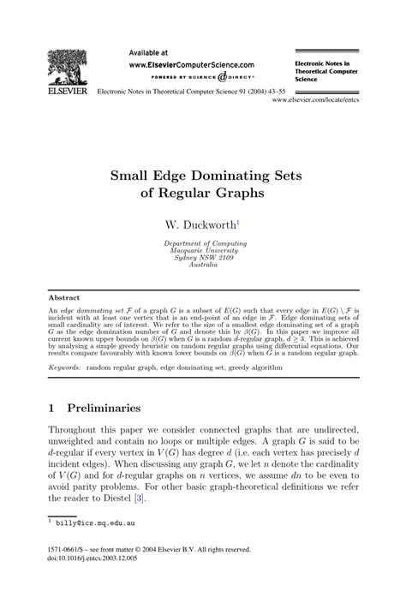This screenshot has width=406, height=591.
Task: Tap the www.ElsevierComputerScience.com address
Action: point(191,64)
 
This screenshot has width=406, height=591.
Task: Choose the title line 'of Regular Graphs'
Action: point(202,194)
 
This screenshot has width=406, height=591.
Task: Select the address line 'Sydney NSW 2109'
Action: point(202,258)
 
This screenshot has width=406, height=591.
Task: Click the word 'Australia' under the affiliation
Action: point(202,265)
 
